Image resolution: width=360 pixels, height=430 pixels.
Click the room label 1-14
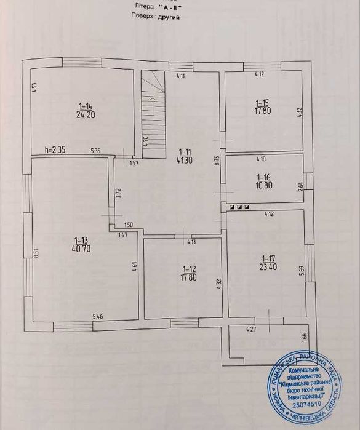click(85, 105)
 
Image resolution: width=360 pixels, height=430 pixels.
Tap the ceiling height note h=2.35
click(55, 149)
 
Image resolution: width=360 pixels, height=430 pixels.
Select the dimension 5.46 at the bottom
click(98, 316)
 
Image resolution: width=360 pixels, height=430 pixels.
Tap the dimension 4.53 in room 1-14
click(35, 89)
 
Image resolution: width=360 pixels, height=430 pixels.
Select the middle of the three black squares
click(239, 207)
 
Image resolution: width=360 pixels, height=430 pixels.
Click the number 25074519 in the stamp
click(305, 407)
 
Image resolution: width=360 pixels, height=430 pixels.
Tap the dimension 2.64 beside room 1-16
click(300, 188)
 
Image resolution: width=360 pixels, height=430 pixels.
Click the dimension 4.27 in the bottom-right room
click(251, 330)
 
